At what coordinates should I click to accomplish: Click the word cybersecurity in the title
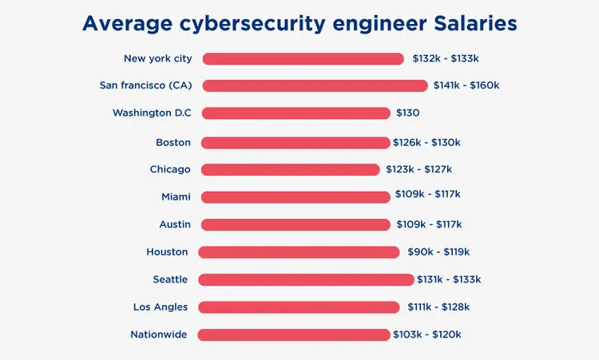(x=256, y=25)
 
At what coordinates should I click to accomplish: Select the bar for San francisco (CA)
(x=315, y=85)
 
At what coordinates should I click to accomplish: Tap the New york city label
(x=158, y=58)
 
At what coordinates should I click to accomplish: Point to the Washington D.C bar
(x=296, y=113)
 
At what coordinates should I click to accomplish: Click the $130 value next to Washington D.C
(x=407, y=113)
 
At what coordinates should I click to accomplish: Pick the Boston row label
(x=173, y=142)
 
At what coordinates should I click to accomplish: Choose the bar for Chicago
(x=290, y=169)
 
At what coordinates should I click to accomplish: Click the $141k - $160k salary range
(x=466, y=85)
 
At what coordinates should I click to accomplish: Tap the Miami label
(x=176, y=196)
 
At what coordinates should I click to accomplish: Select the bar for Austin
(x=296, y=224)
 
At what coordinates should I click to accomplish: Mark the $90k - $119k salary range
(x=438, y=252)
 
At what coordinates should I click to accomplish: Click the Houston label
(x=167, y=252)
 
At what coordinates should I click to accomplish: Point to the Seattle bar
(x=306, y=279)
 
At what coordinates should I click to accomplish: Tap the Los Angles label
(x=161, y=307)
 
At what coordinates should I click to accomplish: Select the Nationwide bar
(x=294, y=334)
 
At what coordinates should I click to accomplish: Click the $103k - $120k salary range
(x=426, y=334)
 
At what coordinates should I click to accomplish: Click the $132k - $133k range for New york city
(x=445, y=58)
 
